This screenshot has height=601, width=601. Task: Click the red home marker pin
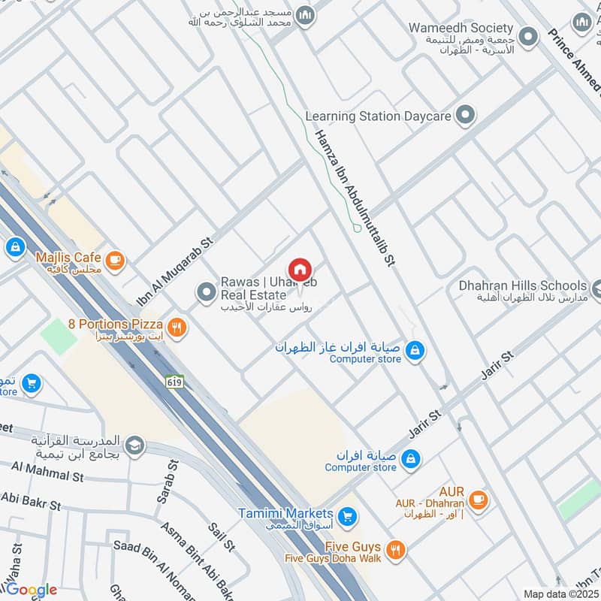299,269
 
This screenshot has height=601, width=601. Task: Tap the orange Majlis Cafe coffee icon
114,260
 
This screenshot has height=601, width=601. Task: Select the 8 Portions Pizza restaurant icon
177,326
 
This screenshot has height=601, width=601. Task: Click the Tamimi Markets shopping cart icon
346,516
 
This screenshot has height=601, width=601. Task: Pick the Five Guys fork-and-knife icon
397,550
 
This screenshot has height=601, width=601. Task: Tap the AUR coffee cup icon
477,498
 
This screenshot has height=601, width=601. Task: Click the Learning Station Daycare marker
467,116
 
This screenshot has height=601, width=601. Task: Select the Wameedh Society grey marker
529,35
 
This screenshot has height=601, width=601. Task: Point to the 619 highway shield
174,382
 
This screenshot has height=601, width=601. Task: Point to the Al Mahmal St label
47,473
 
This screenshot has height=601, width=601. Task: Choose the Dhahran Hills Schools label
523,285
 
